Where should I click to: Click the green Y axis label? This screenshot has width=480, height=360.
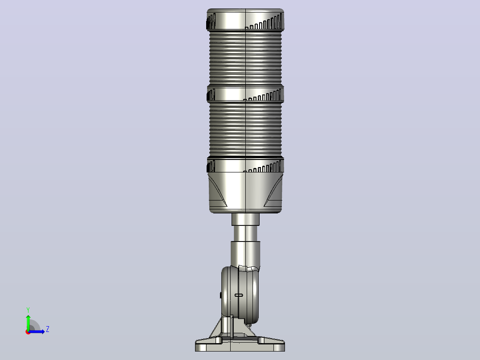[x=28, y=310]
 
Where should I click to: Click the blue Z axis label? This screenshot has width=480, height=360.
[x=48, y=329]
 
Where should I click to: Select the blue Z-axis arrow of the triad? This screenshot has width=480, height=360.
[x=37, y=331]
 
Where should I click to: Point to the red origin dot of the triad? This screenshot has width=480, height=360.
[x=28, y=332]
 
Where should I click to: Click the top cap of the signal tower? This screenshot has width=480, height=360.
[x=245, y=19]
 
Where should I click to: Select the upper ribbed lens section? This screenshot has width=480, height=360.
[x=245, y=58]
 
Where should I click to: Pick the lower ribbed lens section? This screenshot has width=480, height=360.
[x=245, y=130]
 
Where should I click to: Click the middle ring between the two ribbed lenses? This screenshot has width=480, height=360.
[x=245, y=94]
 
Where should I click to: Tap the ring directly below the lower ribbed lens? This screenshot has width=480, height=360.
[x=245, y=165]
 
